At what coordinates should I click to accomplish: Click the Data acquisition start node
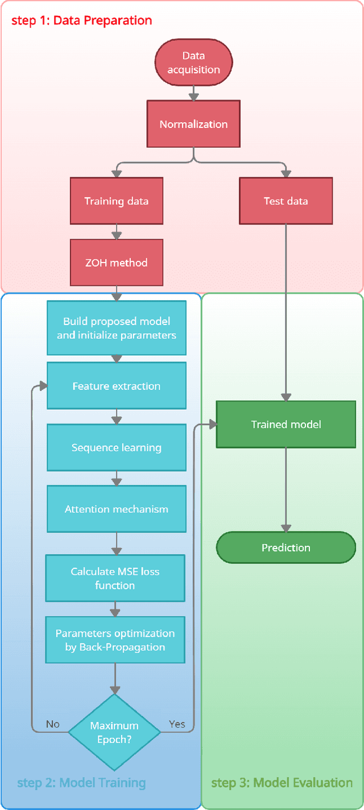193,63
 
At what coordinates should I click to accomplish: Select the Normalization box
193,124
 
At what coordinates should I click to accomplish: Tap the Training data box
116,201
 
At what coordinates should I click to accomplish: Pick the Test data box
286,201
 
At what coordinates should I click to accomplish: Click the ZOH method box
116,263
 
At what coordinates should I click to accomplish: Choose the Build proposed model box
116,329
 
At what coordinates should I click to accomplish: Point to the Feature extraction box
116,386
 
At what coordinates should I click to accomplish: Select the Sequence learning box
116,448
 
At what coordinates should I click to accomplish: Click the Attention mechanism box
116,509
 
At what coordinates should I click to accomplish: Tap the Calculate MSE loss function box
115,578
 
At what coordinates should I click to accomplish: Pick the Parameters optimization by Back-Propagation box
115,639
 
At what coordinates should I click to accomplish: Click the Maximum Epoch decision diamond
114,731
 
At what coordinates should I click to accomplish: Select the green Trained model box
286,424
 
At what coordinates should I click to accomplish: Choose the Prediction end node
286,547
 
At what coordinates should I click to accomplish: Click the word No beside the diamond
53,724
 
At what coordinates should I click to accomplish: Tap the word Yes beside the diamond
177,724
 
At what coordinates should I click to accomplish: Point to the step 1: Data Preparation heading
82,21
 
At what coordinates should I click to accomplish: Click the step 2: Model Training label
81,783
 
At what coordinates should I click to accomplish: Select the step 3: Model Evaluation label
282,783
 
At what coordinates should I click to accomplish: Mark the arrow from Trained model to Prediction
286,489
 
